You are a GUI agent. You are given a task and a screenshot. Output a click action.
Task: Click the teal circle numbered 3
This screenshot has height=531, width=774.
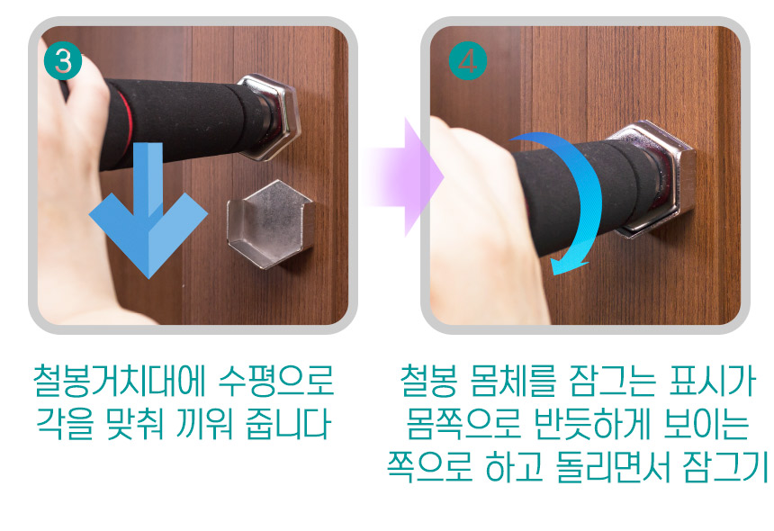[63, 61]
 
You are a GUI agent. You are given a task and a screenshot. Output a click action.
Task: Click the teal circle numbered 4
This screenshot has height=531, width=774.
[467, 61]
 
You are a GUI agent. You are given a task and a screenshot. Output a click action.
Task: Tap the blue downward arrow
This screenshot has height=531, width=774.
[148, 210]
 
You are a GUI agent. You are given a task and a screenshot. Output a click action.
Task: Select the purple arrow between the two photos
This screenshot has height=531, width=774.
[404, 176]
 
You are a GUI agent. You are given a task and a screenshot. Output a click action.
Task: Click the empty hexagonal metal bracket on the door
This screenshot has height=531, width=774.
[271, 224]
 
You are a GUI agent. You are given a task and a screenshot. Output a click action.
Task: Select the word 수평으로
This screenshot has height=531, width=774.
[276, 381]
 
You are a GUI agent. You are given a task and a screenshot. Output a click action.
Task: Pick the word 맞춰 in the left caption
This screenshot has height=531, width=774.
[134, 423]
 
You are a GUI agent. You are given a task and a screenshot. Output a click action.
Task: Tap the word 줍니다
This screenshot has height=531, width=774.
[288, 423]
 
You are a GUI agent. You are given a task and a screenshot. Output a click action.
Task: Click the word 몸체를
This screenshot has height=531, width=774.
[513, 381]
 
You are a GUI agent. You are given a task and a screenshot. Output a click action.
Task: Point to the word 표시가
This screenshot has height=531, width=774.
[712, 381]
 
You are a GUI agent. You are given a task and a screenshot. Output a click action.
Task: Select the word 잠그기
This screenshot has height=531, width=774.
[725, 466]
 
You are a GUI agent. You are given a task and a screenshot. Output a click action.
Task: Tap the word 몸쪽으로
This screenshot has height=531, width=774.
[463, 423]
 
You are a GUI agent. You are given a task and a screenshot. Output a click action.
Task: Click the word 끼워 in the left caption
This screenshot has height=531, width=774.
[204, 423]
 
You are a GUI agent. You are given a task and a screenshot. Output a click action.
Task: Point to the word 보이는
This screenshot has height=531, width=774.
[706, 423]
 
